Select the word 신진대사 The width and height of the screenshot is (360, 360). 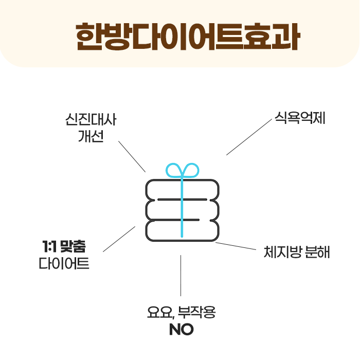click(91, 121)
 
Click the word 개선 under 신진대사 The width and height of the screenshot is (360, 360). click(91, 137)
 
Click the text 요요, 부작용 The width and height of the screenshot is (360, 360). click(181, 312)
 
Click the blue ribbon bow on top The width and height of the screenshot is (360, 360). click(182, 170)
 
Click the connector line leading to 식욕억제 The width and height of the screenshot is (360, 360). click(249, 138)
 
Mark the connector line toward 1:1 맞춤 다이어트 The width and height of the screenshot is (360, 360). click(119, 239)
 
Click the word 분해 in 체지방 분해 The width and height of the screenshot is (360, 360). click(317, 252)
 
